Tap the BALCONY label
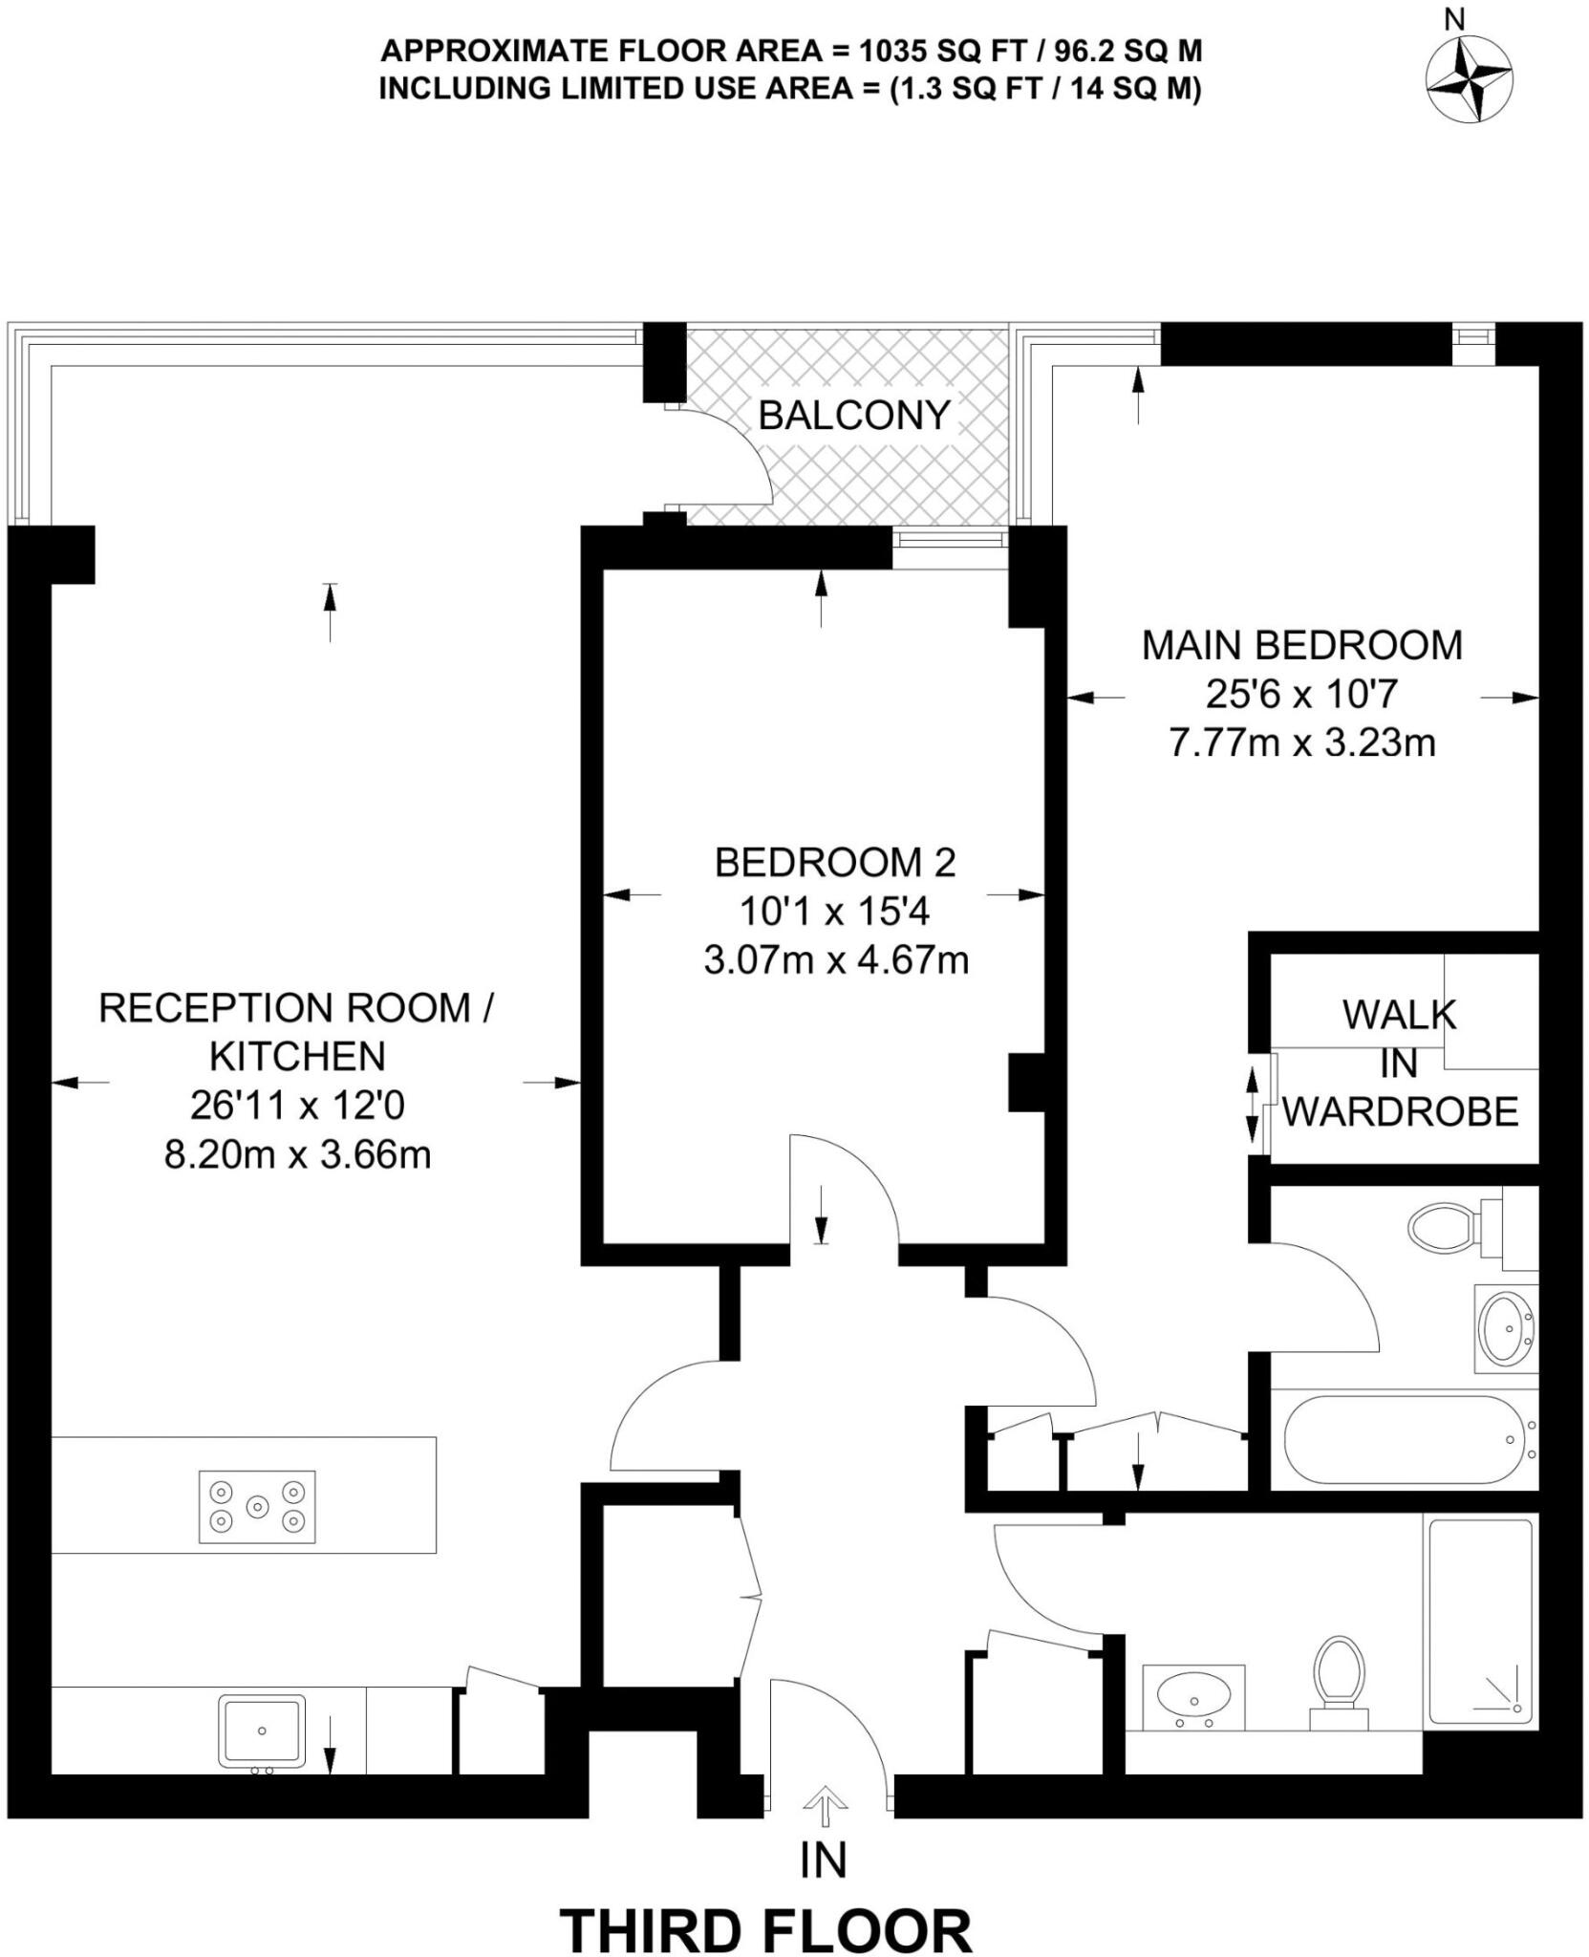click(x=854, y=416)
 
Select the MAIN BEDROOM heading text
click(x=1302, y=646)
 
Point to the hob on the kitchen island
click(x=257, y=1507)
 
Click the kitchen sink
click(x=262, y=1731)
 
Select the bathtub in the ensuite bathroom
click(x=1403, y=1439)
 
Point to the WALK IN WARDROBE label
click(x=1400, y=1063)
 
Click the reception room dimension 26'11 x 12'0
click(x=297, y=1106)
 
